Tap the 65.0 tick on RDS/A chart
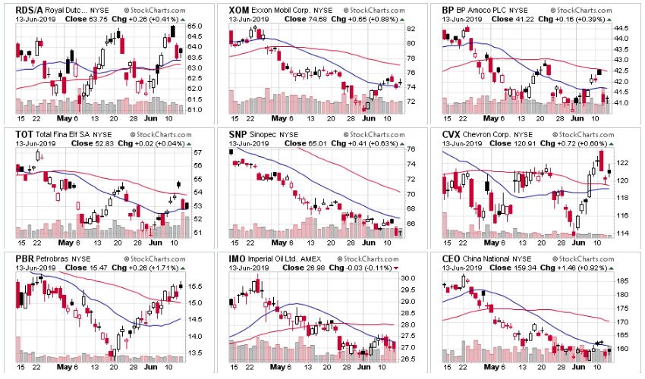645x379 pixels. [x=194, y=27]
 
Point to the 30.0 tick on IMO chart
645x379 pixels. [x=409, y=278]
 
